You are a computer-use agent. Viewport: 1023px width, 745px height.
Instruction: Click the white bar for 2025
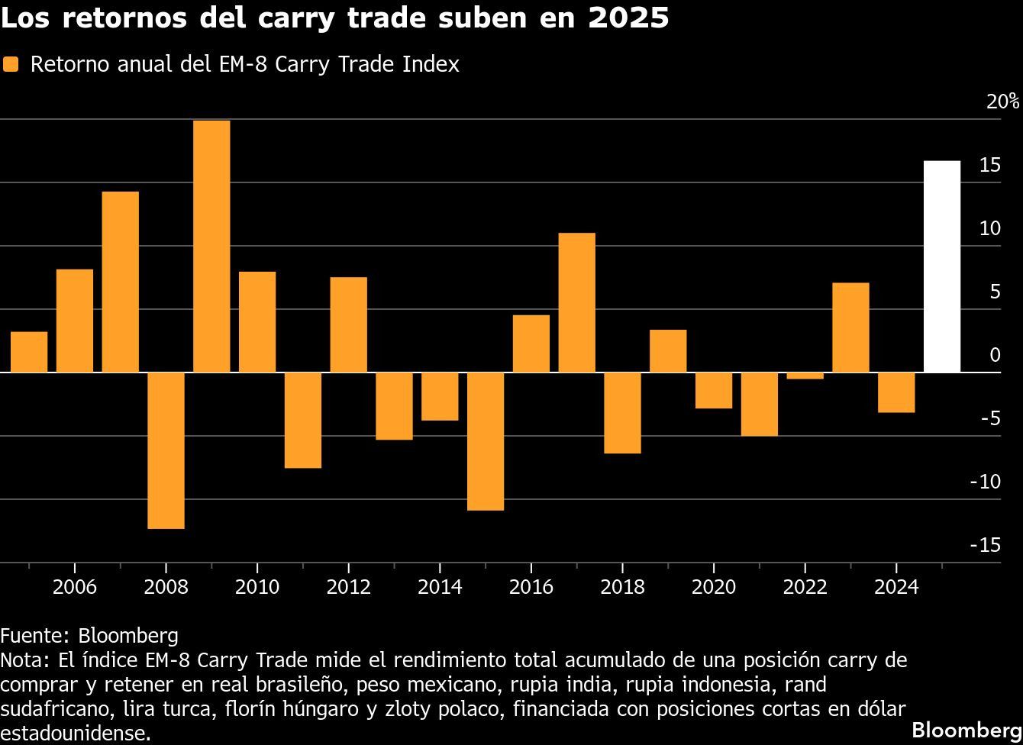click(941, 266)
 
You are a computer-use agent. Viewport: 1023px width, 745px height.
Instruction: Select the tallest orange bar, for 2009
click(211, 246)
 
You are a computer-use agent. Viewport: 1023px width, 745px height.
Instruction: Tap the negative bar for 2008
click(166, 450)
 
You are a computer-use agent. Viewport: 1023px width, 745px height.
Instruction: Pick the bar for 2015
click(486, 441)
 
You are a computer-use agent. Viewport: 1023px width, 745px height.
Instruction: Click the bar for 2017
click(576, 302)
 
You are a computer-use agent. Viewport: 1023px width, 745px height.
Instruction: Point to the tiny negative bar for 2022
click(805, 376)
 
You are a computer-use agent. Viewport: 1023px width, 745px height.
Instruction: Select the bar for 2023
click(850, 327)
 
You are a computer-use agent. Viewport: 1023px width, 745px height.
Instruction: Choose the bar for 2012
click(348, 324)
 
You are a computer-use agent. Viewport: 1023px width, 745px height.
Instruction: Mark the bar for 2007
click(121, 282)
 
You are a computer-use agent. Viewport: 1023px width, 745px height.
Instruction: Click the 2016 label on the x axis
click(531, 587)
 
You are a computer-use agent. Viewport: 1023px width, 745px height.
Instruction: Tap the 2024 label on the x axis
click(896, 587)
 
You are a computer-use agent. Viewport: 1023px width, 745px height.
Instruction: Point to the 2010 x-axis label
click(257, 587)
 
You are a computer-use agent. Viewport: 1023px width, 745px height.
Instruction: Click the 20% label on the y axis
click(1002, 102)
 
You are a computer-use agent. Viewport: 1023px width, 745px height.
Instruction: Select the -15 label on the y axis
click(985, 545)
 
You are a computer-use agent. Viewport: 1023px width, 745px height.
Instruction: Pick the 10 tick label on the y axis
click(990, 228)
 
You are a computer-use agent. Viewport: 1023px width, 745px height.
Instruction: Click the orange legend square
click(11, 65)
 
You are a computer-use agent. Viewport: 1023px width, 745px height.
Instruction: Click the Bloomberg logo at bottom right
click(967, 727)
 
